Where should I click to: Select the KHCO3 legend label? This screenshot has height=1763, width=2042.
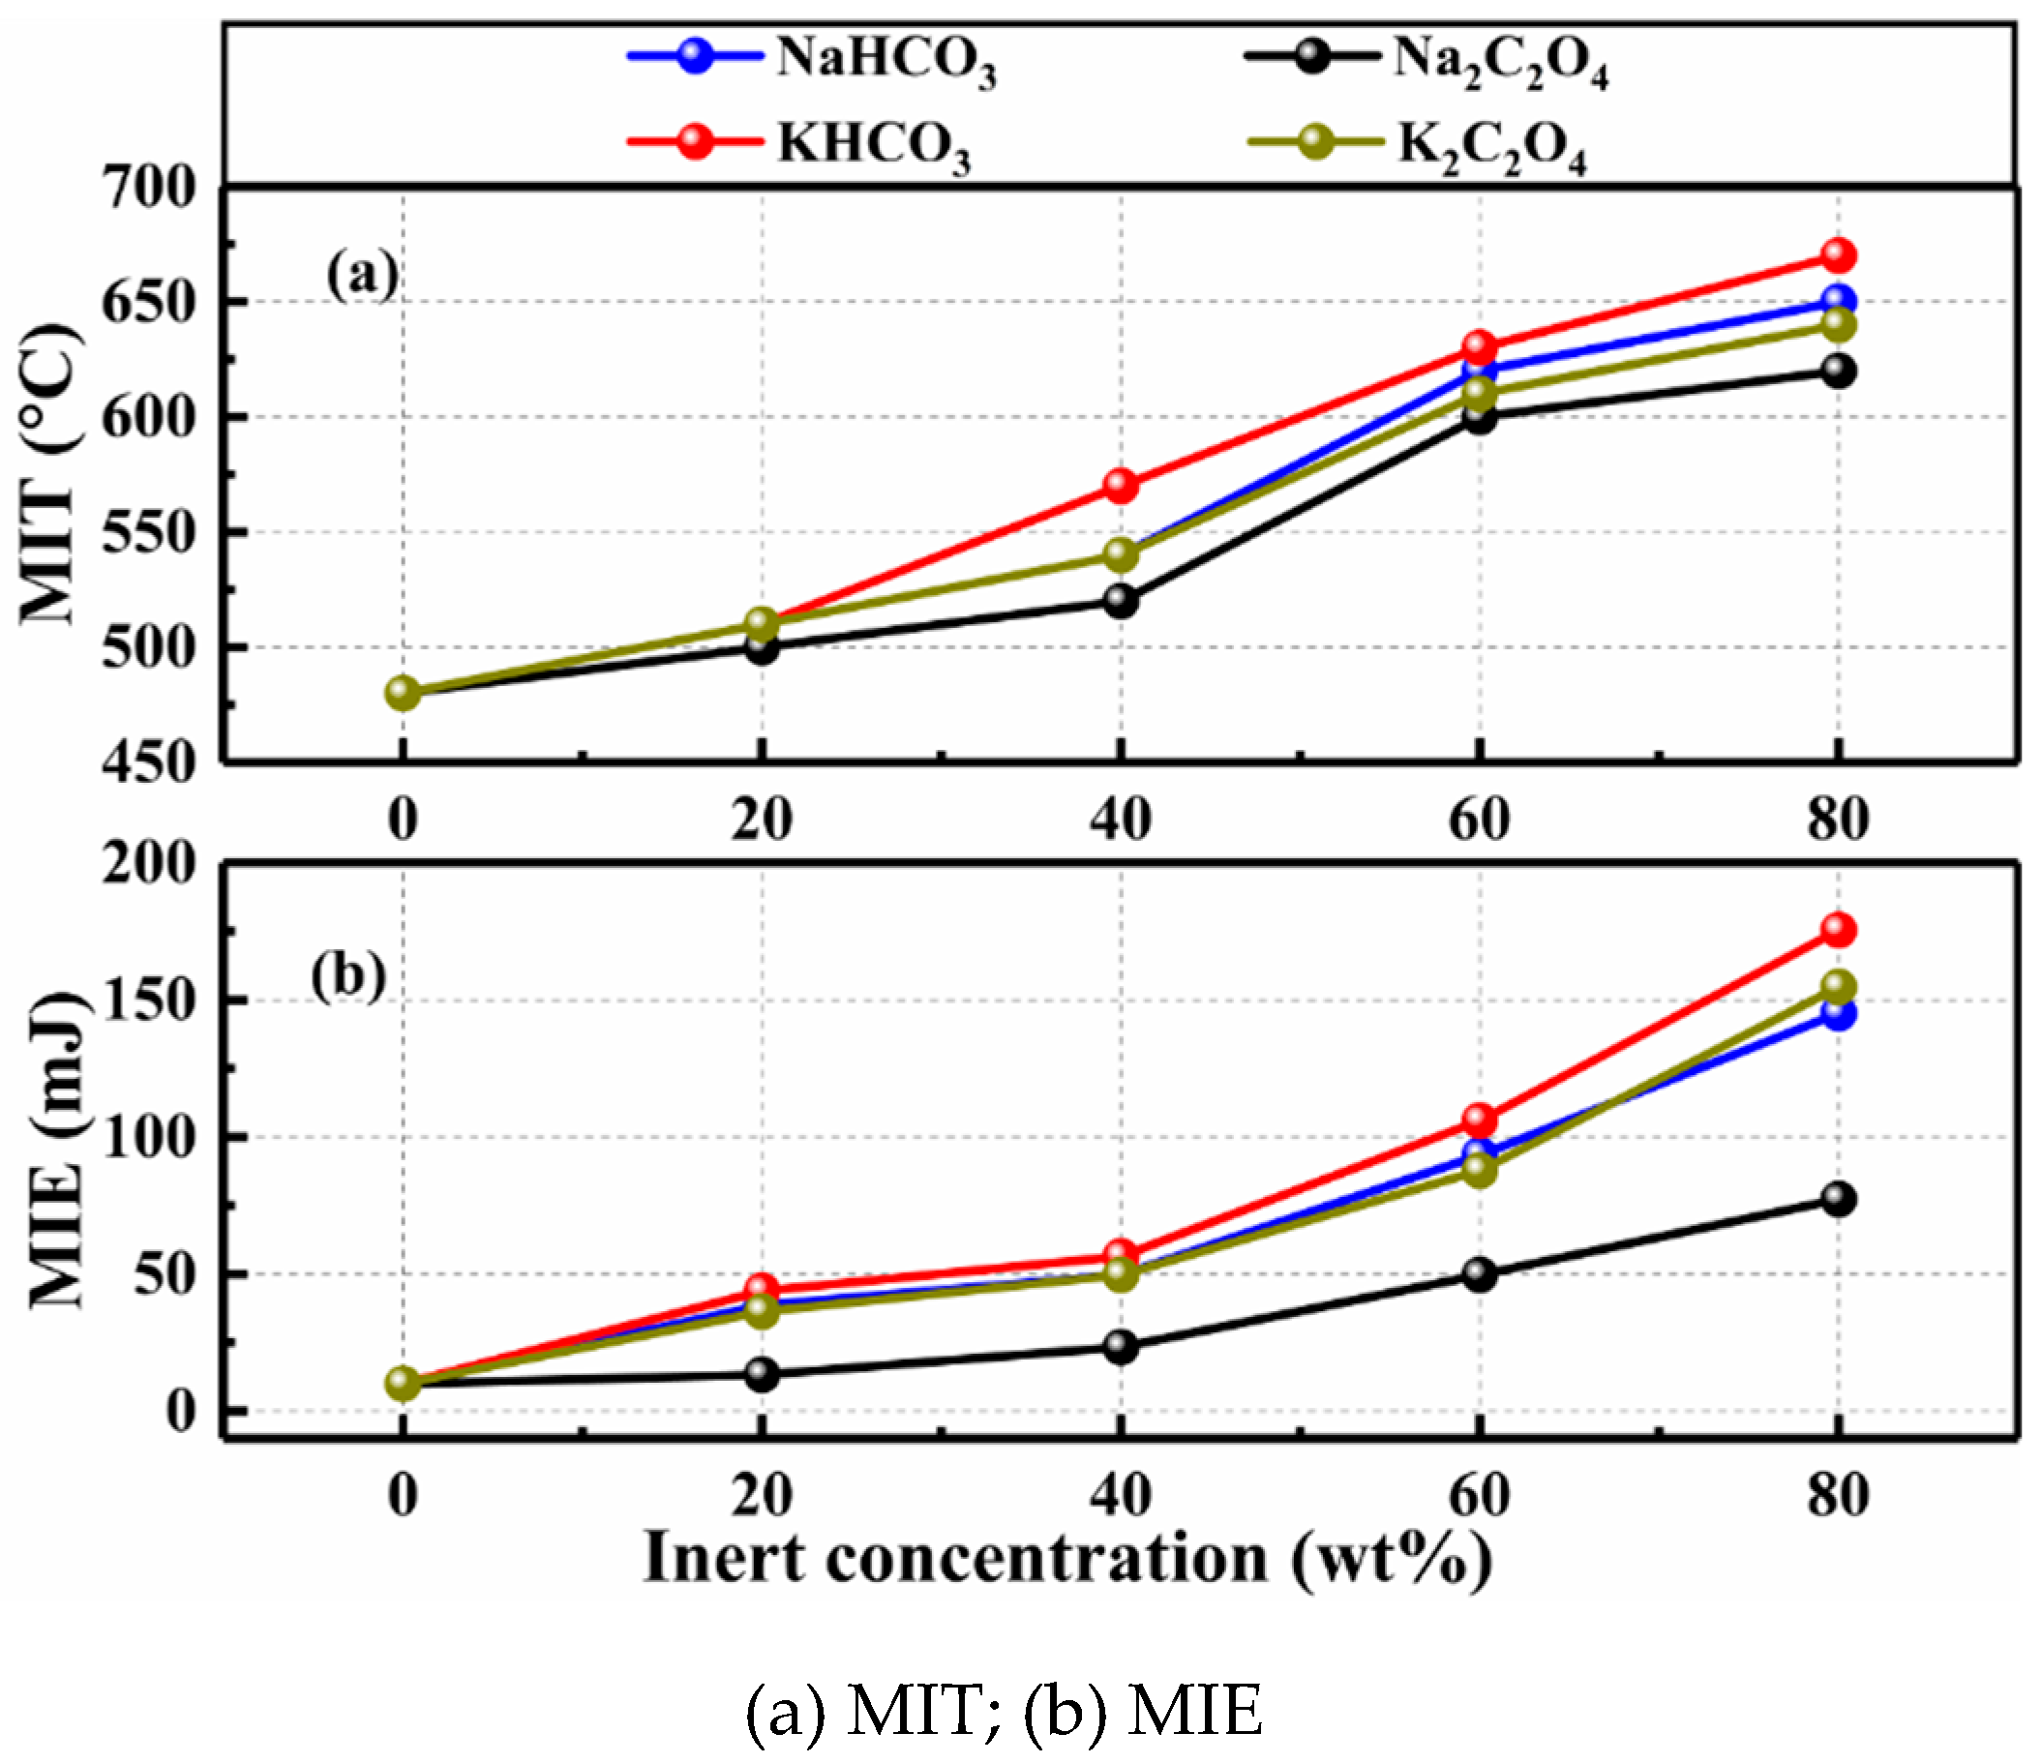click(x=872, y=145)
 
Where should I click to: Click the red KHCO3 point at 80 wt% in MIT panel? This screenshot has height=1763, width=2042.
click(x=1838, y=255)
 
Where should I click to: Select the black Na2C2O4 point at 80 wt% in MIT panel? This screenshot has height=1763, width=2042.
click(x=1838, y=371)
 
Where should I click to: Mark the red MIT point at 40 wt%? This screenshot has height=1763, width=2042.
click(x=1121, y=485)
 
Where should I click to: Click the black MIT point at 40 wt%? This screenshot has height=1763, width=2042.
click(x=1121, y=600)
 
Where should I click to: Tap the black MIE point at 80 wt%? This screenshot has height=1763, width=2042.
click(x=1838, y=1199)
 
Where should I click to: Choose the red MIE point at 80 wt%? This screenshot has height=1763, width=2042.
click(x=1838, y=929)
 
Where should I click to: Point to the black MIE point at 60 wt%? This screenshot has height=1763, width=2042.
click(x=1480, y=1274)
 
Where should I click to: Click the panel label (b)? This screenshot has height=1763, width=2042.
click(x=347, y=977)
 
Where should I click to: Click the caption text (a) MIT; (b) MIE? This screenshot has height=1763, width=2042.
click(x=1004, y=1713)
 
